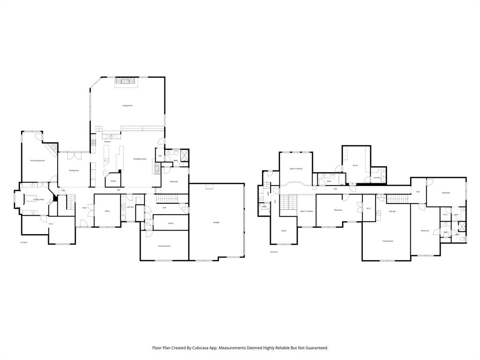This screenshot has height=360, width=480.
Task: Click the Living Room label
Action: [x=127, y=105]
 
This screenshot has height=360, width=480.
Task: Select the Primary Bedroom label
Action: [x=37, y=161]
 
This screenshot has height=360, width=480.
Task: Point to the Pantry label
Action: [x=113, y=181]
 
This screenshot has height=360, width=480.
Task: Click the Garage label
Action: [x=216, y=222]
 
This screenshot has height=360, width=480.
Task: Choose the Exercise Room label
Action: [x=164, y=246]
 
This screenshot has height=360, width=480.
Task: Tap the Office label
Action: [x=107, y=211]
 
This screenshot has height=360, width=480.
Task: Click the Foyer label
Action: [x=85, y=208]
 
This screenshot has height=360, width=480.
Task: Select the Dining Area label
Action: [x=74, y=171]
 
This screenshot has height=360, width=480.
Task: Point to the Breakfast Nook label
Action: [x=140, y=159]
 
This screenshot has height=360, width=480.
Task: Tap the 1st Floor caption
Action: [x=23, y=242]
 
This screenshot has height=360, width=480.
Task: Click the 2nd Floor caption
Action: [x=274, y=252]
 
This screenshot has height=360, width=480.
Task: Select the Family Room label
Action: [x=388, y=241]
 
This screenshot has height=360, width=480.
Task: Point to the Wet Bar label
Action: [x=392, y=211]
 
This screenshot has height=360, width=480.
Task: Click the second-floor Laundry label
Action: [x=377, y=178]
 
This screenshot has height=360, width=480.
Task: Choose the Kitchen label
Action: [x=107, y=142]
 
